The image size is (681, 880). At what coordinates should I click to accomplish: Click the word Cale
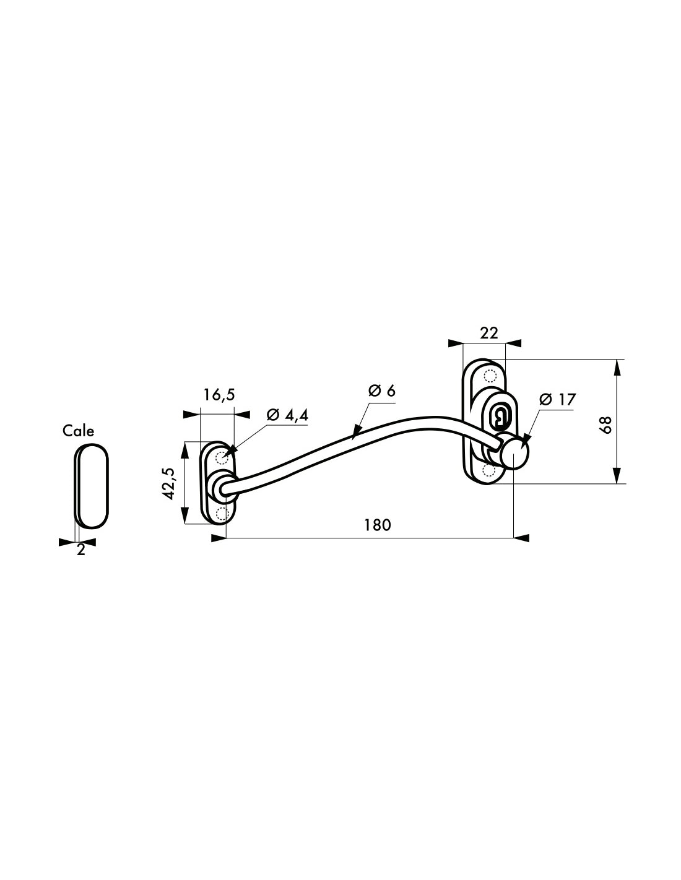click(x=78, y=431)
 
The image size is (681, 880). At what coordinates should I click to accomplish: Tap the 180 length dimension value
click(x=377, y=525)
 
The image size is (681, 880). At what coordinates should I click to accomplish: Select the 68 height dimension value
click(x=607, y=425)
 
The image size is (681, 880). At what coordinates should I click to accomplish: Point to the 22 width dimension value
click(x=489, y=333)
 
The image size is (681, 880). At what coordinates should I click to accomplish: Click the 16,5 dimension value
click(x=219, y=395)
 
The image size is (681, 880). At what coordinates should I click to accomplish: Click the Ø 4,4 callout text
click(x=287, y=415)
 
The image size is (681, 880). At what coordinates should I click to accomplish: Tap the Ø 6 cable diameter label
click(x=381, y=390)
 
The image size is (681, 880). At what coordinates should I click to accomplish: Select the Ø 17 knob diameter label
click(x=557, y=400)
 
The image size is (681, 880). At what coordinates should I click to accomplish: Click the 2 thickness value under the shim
click(x=81, y=550)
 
